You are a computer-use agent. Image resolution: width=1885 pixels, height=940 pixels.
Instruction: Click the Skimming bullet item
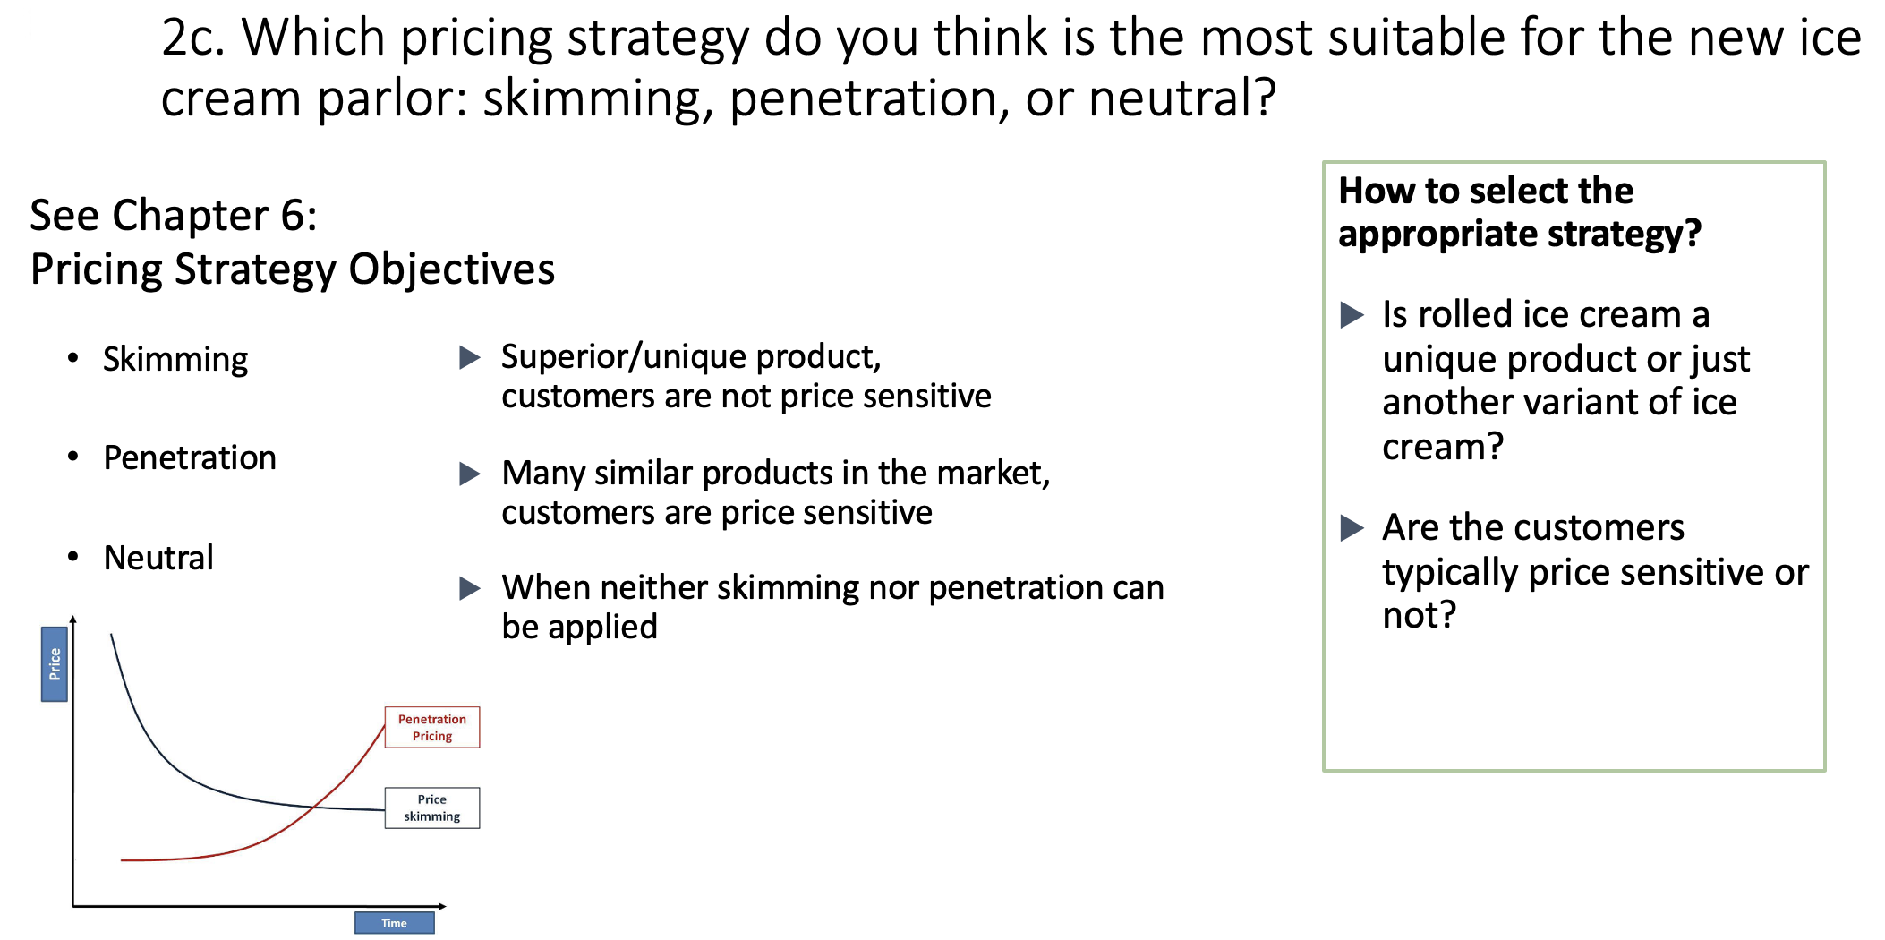click(x=175, y=359)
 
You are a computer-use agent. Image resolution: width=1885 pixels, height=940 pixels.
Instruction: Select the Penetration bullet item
click(x=190, y=457)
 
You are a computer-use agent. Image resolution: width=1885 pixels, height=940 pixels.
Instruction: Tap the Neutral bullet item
click(x=158, y=558)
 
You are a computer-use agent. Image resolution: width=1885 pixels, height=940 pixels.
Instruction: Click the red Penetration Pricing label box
click(x=432, y=727)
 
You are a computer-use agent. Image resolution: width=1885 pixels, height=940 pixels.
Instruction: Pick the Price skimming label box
click(x=432, y=808)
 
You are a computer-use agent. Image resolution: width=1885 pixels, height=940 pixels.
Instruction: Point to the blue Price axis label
click(x=55, y=663)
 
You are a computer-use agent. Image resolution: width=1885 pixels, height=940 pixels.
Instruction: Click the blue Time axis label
click(x=394, y=923)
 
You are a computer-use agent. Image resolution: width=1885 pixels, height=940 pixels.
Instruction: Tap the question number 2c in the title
click(x=192, y=38)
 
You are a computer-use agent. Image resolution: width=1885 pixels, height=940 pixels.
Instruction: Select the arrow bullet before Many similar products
click(x=470, y=474)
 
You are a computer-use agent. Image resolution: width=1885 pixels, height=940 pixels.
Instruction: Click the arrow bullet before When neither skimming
click(x=470, y=588)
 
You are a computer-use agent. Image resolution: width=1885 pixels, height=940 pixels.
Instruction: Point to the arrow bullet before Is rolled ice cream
click(x=1352, y=315)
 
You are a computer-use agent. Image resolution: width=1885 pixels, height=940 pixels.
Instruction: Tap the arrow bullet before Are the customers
click(x=1352, y=528)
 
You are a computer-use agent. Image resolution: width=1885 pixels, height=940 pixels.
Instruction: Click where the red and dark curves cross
click(x=313, y=808)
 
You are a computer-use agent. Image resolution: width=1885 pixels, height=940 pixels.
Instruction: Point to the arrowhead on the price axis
click(x=73, y=619)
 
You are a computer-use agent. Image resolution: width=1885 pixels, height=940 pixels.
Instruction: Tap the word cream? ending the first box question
click(x=1443, y=446)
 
